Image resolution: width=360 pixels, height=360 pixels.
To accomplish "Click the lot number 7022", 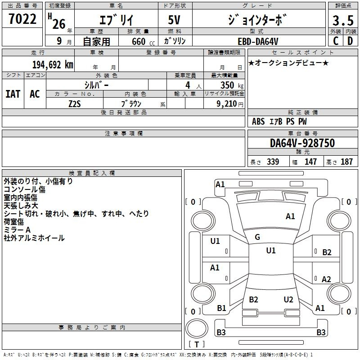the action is [22, 20].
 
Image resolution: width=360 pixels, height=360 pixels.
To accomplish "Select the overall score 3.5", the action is [342, 21].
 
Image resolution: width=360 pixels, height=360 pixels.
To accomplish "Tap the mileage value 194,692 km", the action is [53, 64].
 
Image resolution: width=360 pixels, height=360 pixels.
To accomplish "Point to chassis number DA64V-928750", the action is [302, 144].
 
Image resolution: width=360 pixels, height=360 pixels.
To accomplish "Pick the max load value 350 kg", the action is [229, 85].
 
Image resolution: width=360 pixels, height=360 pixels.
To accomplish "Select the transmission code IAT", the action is [13, 94].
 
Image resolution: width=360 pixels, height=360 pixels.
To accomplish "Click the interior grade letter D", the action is [350, 41].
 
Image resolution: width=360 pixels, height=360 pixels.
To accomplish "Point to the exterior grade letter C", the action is [335, 41].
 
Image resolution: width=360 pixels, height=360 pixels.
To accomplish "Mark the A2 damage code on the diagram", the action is [327, 279].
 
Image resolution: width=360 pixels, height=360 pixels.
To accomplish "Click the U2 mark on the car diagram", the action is [288, 299].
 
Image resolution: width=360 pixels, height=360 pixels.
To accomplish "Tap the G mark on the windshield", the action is [257, 237].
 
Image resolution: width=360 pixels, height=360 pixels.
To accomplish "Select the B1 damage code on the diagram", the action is [221, 308].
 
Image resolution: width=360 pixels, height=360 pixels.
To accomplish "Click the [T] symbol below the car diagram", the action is [198, 345].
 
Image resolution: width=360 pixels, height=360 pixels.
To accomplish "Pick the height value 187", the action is [346, 162].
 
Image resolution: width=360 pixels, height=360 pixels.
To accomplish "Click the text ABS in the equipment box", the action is [258, 121].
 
